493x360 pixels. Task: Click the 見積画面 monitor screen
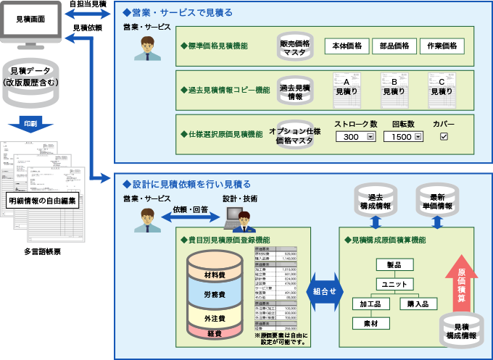click(x=36, y=20)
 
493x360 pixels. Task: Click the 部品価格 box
click(x=394, y=46)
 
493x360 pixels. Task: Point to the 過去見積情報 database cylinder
click(x=295, y=92)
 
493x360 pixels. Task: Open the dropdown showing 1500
click(x=403, y=137)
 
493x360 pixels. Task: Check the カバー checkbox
click(x=444, y=136)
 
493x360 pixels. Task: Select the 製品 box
click(x=394, y=264)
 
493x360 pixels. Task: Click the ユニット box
click(x=394, y=284)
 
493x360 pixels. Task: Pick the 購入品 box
click(x=418, y=304)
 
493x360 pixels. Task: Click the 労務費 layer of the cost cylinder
click(x=215, y=295)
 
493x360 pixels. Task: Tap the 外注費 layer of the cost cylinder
click(x=215, y=317)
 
